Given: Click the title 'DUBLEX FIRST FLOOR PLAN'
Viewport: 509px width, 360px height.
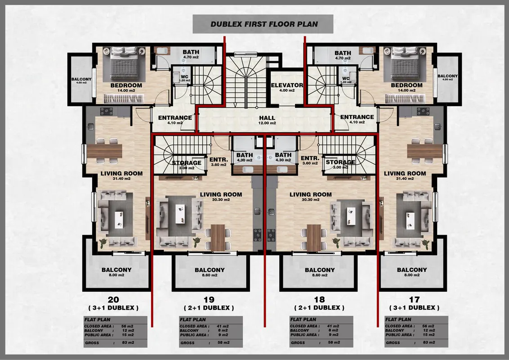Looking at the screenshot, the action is (x=264, y=24).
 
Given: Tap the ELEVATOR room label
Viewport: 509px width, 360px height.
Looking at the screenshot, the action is (x=287, y=85).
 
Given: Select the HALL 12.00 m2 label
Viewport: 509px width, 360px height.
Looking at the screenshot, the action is (x=267, y=120).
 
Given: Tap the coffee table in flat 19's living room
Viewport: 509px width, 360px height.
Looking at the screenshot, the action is (x=180, y=214).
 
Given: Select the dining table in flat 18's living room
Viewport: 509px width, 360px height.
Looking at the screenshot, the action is (x=313, y=237).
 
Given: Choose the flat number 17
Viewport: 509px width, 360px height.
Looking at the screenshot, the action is (x=414, y=300).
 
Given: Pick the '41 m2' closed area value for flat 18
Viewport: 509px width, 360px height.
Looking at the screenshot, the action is (x=333, y=326).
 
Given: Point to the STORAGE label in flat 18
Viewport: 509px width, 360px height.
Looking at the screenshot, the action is (x=340, y=162).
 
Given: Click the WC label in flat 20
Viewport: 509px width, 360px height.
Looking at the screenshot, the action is (x=184, y=77).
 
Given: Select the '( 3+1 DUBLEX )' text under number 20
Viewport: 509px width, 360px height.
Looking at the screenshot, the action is (x=113, y=308).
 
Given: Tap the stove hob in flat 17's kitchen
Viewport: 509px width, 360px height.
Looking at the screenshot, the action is (x=423, y=112).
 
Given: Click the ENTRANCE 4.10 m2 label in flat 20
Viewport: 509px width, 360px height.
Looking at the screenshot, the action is (x=175, y=120).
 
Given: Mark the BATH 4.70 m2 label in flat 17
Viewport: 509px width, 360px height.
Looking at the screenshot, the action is (x=343, y=54).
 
